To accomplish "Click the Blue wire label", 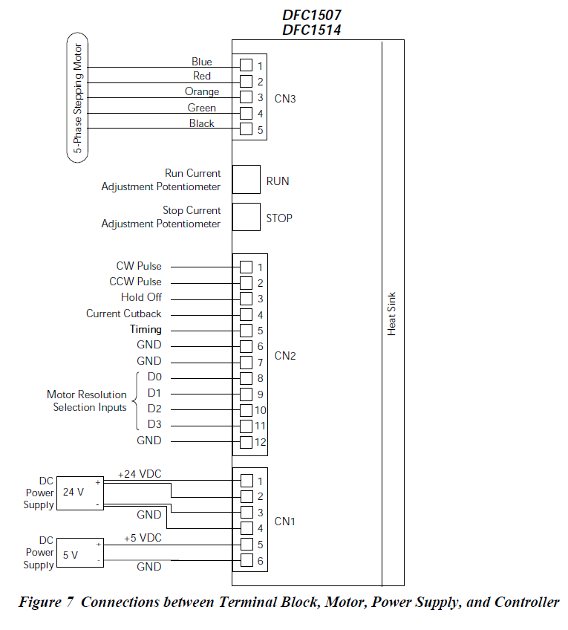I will tap(201, 62).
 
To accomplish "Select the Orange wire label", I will tap(202, 92).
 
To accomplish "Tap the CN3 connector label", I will tap(285, 97).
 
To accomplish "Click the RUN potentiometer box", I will tap(247, 180).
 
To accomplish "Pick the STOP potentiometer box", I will tap(247, 217).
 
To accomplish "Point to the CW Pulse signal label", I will tap(139, 266).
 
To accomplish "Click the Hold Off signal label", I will tap(141, 297).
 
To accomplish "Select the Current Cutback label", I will tap(123, 314).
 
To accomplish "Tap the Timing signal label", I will tap(146, 329).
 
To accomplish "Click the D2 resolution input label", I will tap(154, 409).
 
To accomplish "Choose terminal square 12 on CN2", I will tap(246, 442).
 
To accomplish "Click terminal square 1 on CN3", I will tap(246, 65).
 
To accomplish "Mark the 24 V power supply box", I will tap(79, 491).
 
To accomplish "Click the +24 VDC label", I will tap(140, 474).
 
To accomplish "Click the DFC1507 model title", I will tap(312, 15).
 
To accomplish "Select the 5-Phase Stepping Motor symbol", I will tap(77, 97).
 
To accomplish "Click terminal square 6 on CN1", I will tap(246, 561).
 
